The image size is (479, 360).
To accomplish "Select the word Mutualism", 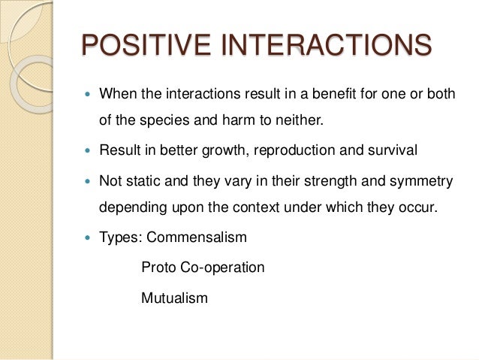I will click(x=173, y=298).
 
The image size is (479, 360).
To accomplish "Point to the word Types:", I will click(x=121, y=237).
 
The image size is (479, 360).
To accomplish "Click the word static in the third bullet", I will click(x=143, y=180).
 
